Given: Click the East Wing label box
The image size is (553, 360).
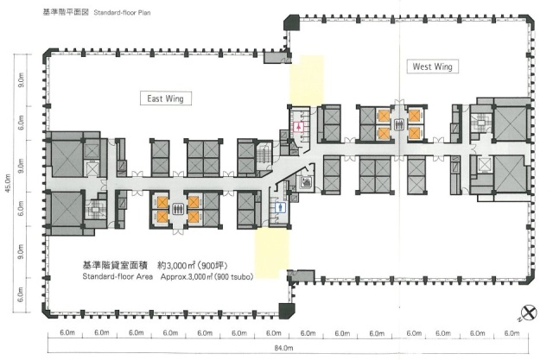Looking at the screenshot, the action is pos(166,98).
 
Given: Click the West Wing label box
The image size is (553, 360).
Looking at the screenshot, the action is pos(432,66).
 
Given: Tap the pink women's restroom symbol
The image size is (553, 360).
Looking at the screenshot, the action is pos(299,126).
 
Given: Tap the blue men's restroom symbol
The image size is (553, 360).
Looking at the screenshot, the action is pos(281,208).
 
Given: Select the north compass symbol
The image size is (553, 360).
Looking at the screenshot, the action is pos(529,313).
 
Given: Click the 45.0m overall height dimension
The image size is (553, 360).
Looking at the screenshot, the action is pos(9,183).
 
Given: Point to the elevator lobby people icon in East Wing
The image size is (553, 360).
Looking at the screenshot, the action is pos(178,209).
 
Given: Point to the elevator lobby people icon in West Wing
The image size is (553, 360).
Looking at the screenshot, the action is pos(399,124).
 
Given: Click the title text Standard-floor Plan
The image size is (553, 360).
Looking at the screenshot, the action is pos(122,13).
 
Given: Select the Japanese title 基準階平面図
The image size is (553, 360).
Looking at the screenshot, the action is pos(66,12).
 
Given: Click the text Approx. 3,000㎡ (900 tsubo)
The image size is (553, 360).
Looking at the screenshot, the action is pos(207,277).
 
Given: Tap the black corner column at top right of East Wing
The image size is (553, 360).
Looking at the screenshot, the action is pos(291,23).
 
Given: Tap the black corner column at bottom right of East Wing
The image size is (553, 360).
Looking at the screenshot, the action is pos(286,311).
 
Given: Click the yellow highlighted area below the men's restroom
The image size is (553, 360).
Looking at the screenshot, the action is pos(272,253).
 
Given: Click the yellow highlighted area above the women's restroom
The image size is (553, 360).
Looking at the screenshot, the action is pos(307,80).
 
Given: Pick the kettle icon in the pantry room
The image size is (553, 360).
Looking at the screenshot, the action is pos(305,182).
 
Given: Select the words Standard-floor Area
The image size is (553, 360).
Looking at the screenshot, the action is pos(118,276).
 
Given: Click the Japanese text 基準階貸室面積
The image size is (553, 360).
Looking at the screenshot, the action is pos(115,265).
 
